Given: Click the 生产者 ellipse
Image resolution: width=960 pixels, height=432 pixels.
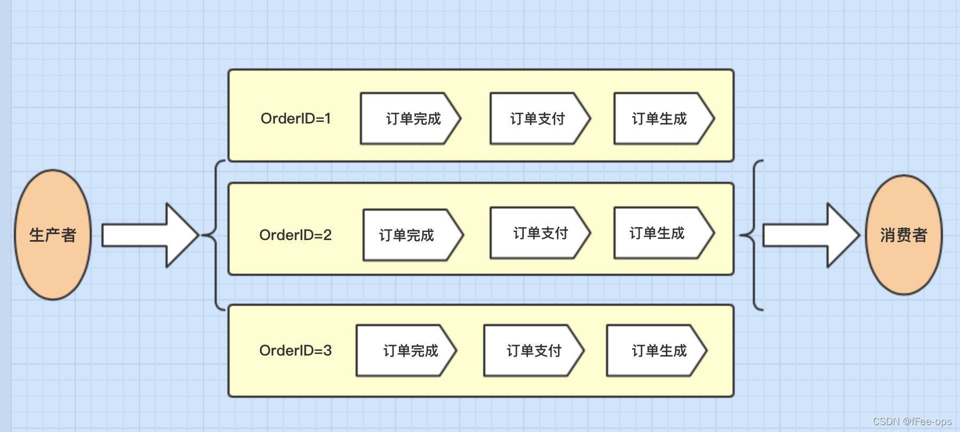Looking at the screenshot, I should coord(53,235).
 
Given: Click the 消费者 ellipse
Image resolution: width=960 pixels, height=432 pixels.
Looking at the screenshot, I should coord(903,235).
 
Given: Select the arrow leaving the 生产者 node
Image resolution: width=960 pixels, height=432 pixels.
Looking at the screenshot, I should coord(149,235).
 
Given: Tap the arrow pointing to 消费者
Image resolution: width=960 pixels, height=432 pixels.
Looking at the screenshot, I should coord(810,235).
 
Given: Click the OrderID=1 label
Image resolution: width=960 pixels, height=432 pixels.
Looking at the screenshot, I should coord(295,119).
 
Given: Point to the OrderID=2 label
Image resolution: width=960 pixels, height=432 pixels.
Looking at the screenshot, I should coord(295,235).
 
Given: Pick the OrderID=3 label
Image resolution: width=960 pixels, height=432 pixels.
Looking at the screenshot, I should coord(295,351).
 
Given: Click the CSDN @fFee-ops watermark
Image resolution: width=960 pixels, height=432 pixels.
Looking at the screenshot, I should coord(912,421).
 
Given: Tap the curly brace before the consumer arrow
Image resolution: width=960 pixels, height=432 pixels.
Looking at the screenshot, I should coord(754,235).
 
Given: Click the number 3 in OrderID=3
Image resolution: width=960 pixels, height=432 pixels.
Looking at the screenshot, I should coord(327,351).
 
